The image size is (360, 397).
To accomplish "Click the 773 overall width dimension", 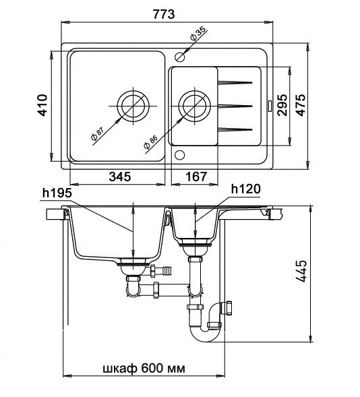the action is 164,14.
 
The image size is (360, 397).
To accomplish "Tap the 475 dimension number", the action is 301,105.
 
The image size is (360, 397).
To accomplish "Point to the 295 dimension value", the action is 282,105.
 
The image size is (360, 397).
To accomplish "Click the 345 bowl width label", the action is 120,177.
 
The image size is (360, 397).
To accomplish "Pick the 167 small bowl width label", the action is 196,177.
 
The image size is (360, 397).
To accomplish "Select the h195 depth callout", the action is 57,193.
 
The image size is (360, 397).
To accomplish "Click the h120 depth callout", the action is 246,189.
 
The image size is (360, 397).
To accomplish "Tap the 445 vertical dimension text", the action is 301,271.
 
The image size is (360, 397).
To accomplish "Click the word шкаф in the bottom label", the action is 120,369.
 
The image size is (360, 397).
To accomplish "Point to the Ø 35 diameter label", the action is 198,34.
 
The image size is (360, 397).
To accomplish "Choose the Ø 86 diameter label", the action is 150,142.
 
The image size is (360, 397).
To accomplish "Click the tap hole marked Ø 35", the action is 180,57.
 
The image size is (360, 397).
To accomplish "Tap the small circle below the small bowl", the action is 180,155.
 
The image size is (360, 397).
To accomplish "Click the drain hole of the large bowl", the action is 133,106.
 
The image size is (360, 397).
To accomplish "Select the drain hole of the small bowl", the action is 194,106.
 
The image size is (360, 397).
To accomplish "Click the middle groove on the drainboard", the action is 235,106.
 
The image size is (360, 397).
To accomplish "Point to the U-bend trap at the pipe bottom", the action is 205,335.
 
